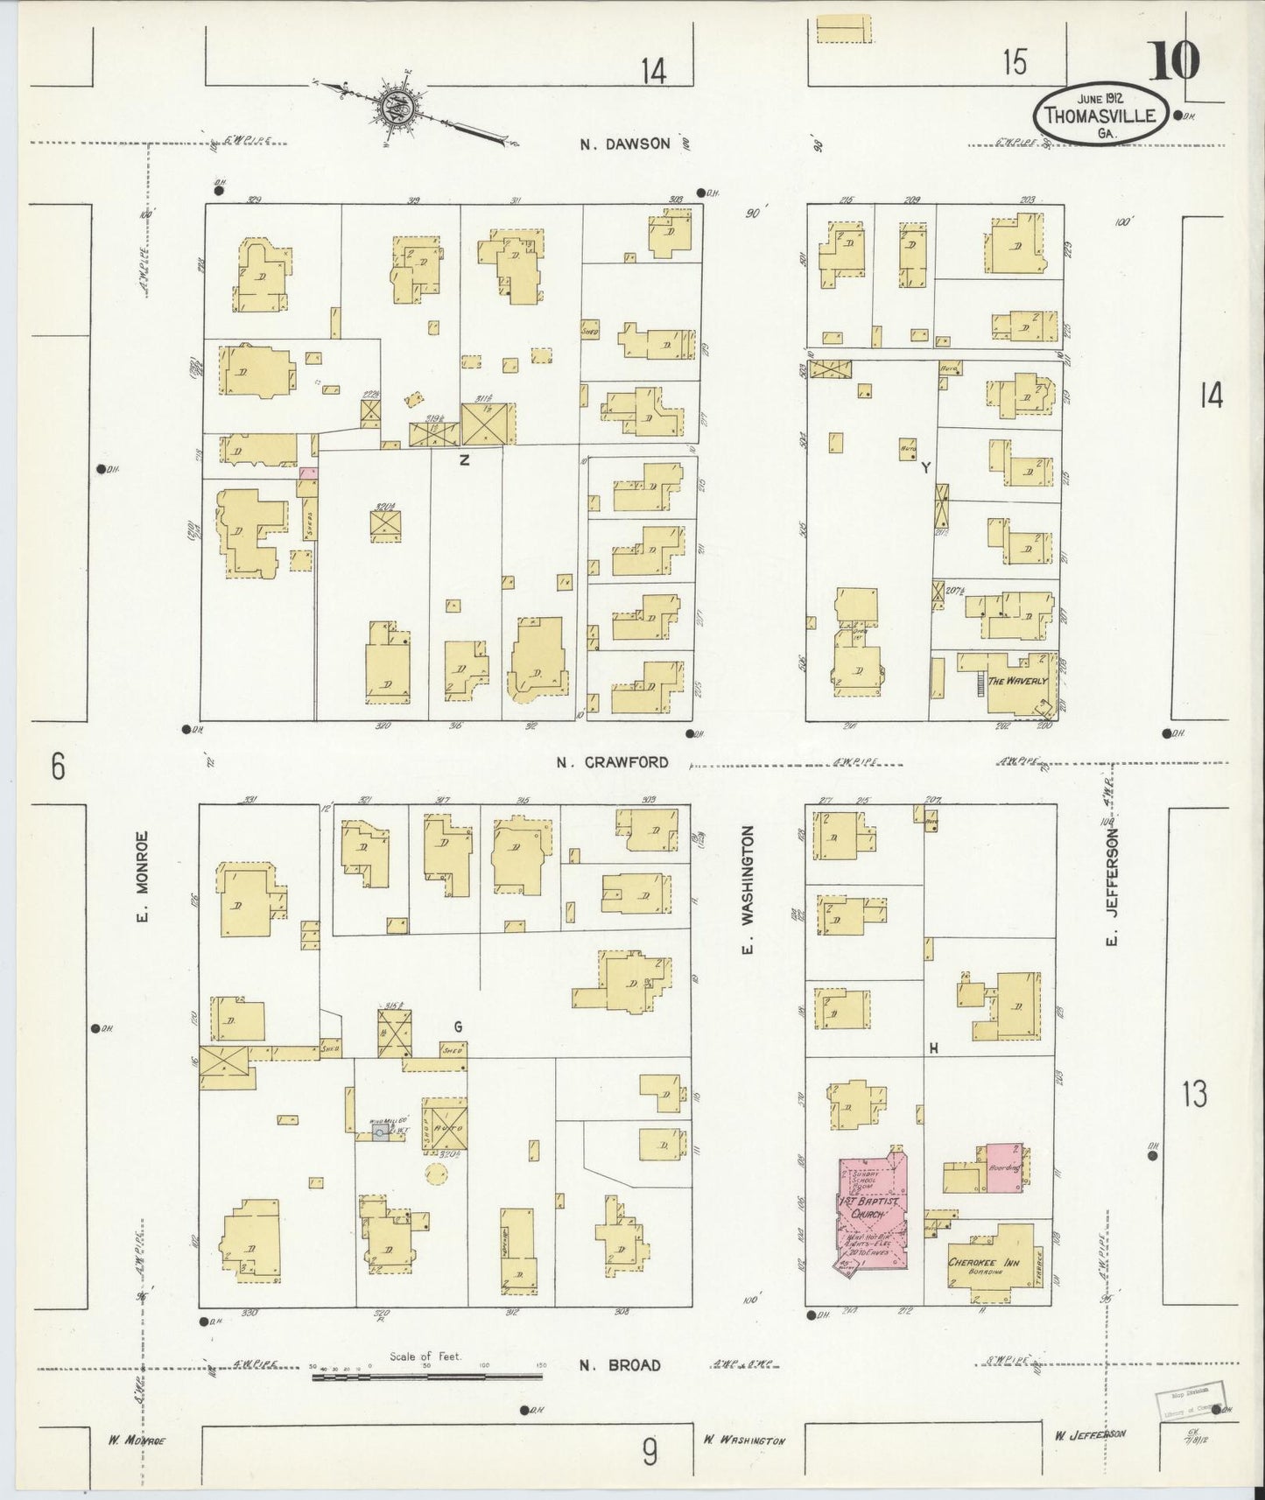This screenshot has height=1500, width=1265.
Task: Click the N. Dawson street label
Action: point(626,144)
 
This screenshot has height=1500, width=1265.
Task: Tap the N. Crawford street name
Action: point(613,762)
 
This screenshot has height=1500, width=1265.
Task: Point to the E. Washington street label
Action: point(748,890)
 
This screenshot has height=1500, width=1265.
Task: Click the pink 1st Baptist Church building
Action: point(871,1211)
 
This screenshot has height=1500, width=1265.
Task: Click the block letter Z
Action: point(464,460)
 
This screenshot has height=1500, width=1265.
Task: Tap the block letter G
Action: point(457,1027)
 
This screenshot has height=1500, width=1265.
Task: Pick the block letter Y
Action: point(924,468)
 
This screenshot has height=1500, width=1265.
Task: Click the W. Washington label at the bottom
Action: point(743,1440)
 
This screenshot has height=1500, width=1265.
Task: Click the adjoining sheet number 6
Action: point(58,767)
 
